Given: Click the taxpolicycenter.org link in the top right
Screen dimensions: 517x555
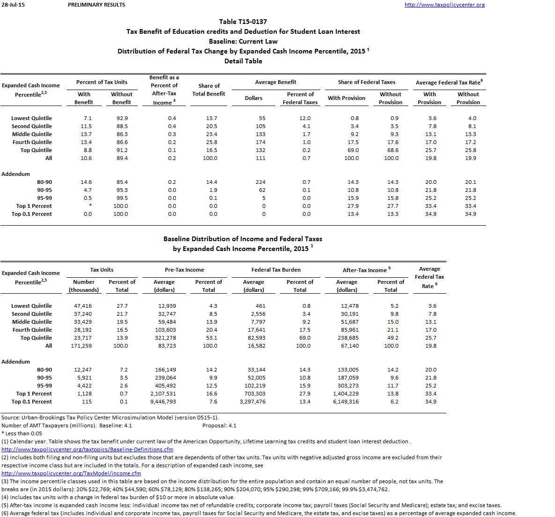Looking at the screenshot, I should [444, 5].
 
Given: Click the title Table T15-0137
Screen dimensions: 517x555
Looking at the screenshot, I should [243, 22].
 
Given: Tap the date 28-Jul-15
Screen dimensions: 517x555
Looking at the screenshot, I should [13, 5].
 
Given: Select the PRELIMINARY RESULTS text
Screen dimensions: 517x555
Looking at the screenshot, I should [96, 5].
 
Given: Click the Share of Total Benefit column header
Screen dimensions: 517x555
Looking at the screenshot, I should [209, 90].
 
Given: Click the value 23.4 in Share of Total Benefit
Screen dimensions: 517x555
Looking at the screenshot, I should [212, 134].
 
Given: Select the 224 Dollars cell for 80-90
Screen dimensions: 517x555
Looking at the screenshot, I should [261, 182].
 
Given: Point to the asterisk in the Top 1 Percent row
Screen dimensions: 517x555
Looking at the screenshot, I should [90, 206].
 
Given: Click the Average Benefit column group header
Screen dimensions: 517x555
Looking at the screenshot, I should [275, 82].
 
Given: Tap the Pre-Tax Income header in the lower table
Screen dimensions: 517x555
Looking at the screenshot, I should [185, 270].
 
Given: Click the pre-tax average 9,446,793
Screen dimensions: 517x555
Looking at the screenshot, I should [163, 402].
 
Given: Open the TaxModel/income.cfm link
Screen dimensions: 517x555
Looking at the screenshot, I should [71, 473].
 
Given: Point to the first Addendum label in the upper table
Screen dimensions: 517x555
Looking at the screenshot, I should [15, 174].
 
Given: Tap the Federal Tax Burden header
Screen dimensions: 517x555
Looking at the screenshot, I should [276, 270].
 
